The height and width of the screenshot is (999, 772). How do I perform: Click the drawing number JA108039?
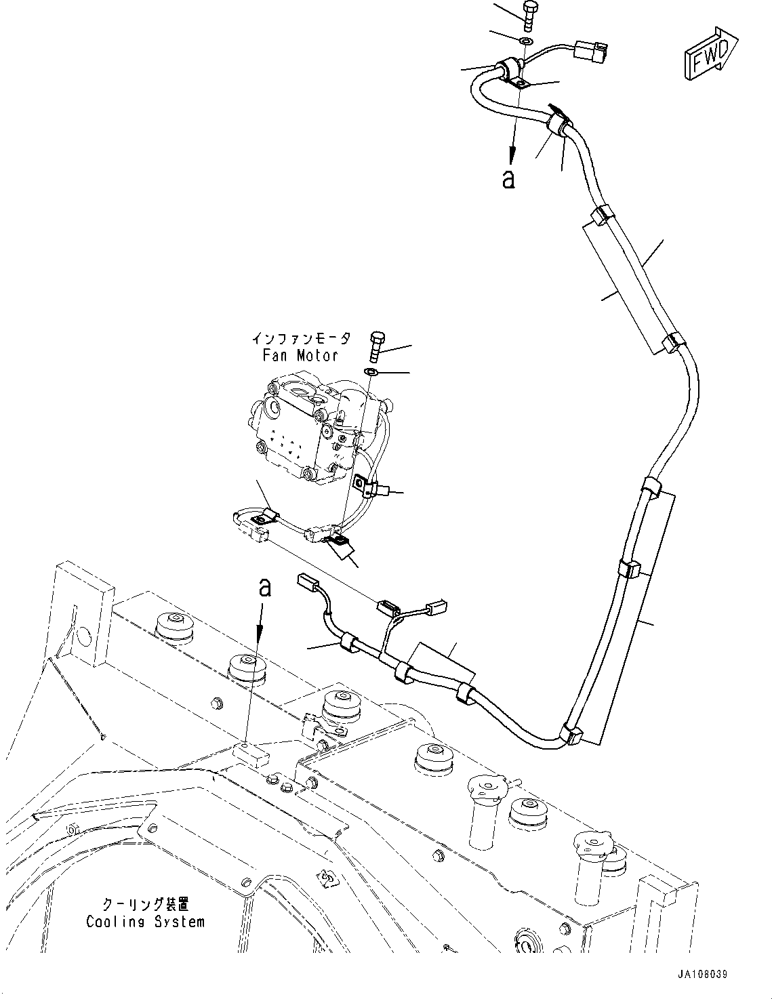pos(693,974)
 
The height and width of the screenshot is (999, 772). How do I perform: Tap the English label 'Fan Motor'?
pos(300,355)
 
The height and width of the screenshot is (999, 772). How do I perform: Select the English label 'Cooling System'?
pos(144,922)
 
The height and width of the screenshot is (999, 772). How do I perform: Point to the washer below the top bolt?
pos(527,42)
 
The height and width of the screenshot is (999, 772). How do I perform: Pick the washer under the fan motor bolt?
pos(372,372)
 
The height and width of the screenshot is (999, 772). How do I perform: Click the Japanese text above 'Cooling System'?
pos(144,905)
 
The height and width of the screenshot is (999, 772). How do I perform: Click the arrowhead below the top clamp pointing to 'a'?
pos(513,155)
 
